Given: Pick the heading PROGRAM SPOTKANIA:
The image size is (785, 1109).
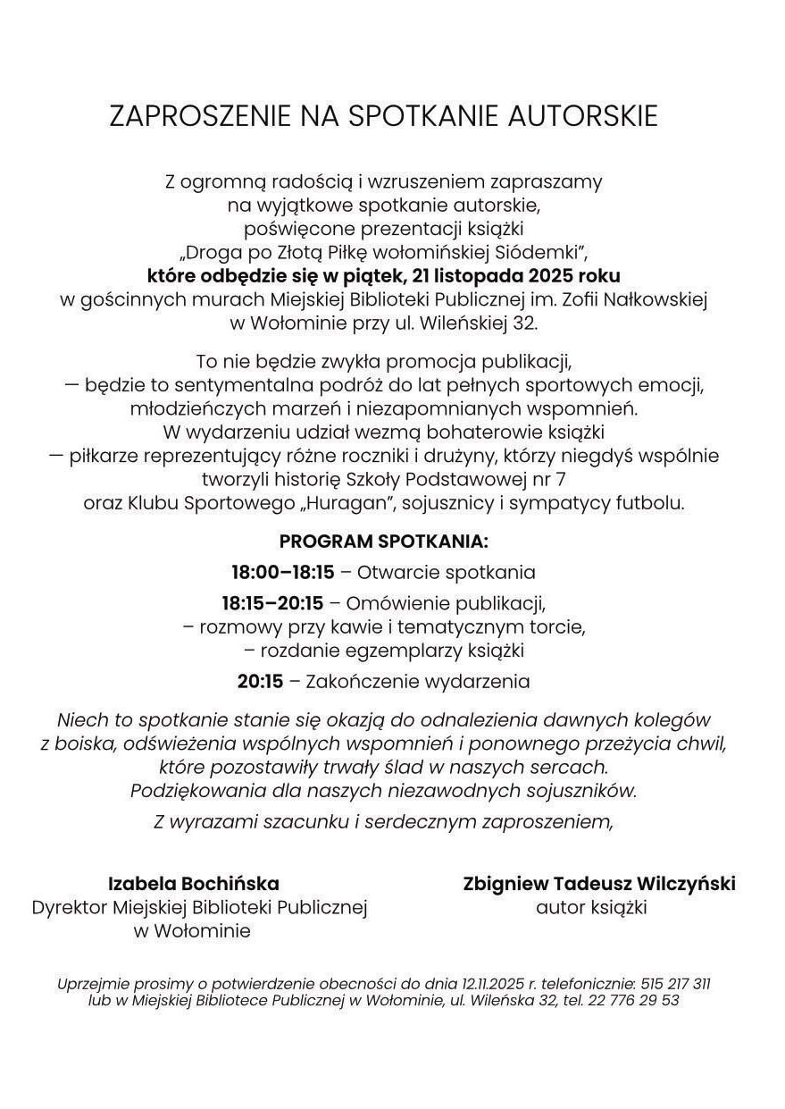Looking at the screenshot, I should [384, 542].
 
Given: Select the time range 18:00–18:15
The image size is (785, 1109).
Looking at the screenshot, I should [282, 572].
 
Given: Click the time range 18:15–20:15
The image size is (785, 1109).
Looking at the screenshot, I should [272, 603].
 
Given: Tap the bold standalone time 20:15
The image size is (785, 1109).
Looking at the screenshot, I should [260, 682].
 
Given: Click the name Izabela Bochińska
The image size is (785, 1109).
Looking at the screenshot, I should [194, 884].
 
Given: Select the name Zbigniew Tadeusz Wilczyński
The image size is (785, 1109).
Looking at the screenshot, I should [599, 884].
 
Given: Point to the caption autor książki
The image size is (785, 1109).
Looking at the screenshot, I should [591, 907].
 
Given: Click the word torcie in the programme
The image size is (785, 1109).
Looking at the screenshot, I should [558, 626].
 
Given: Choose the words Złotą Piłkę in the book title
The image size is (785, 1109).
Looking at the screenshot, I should [321, 252].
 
